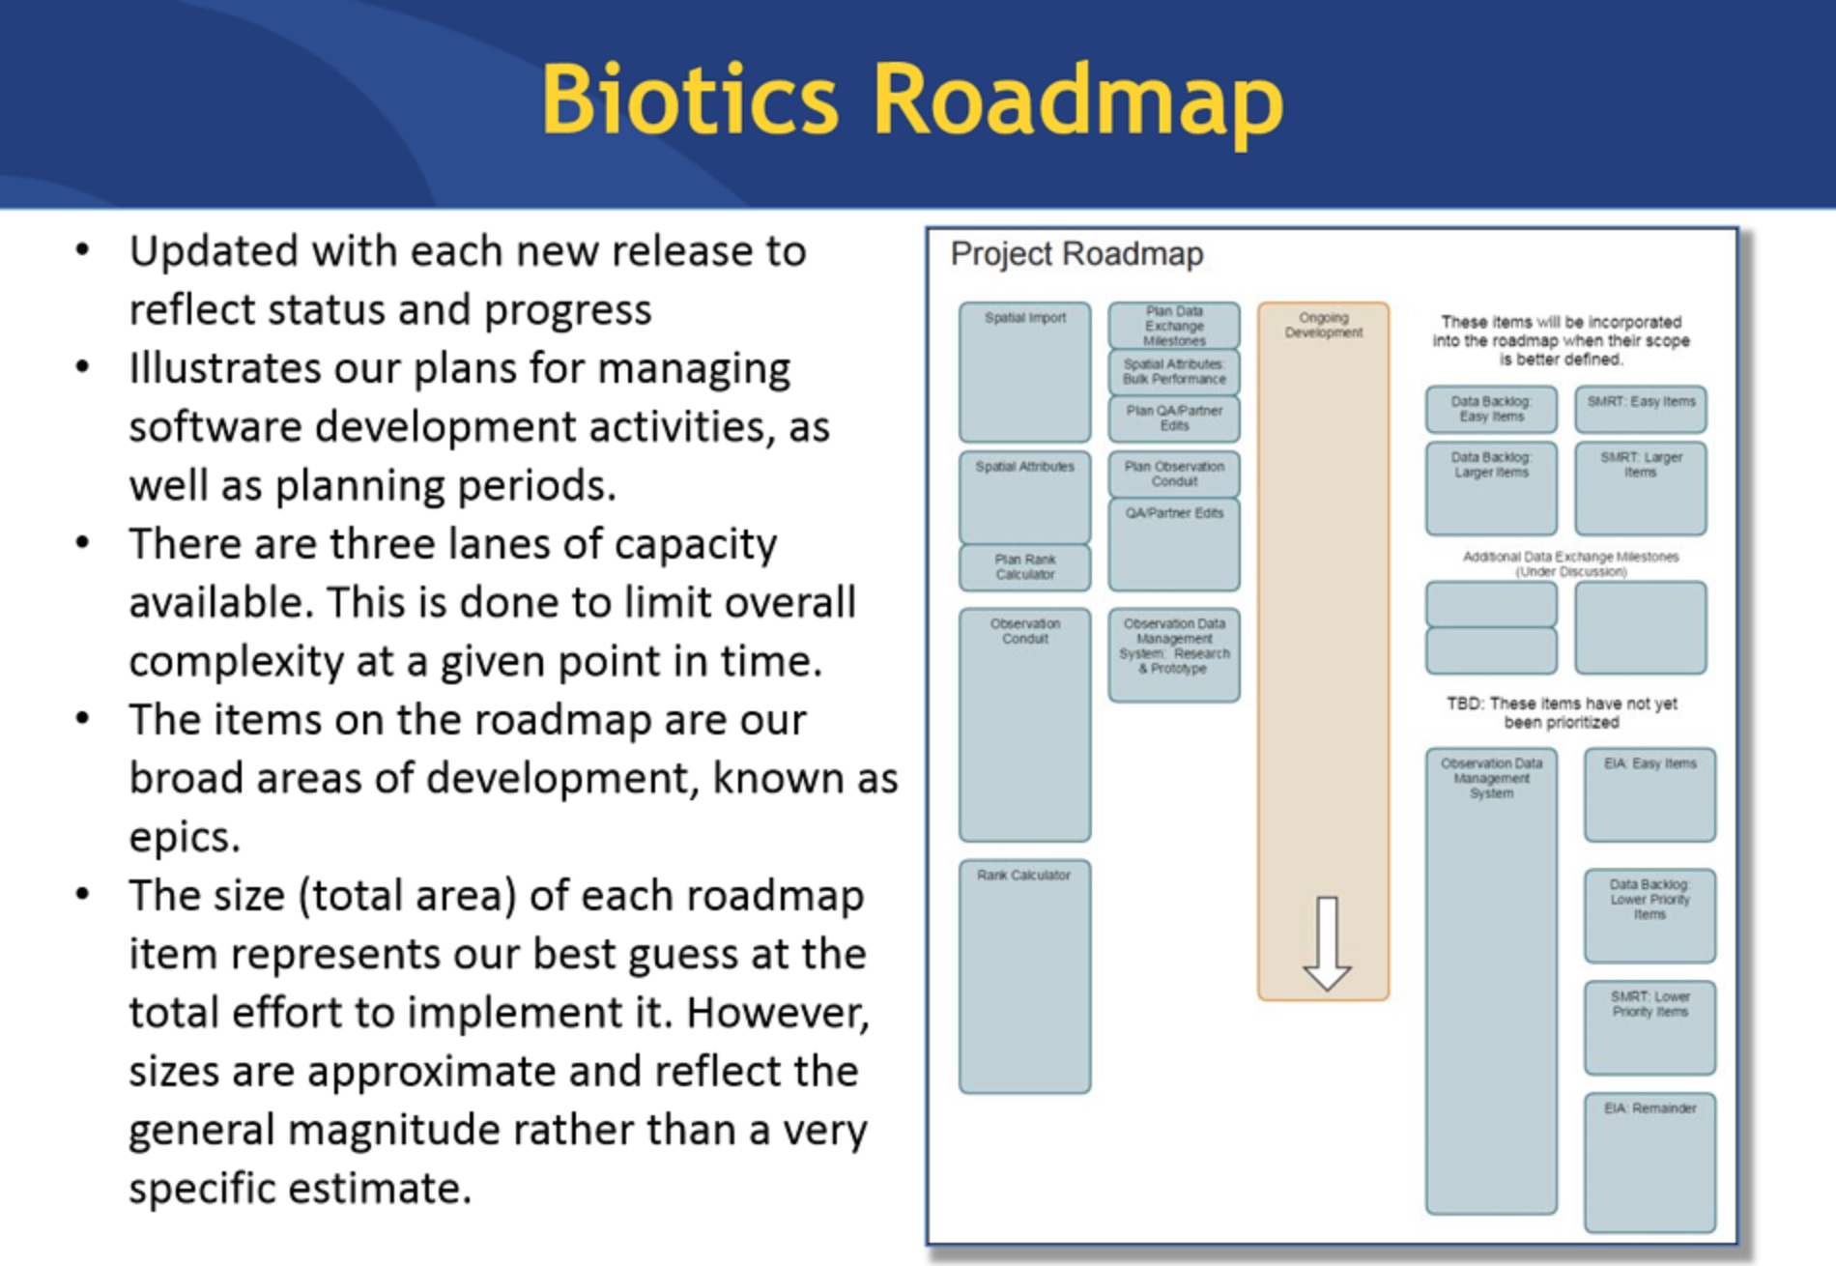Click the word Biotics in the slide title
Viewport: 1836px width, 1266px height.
pos(690,100)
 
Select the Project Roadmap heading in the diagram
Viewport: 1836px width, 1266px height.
pos(1076,254)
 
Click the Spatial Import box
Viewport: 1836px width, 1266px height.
pos(1024,372)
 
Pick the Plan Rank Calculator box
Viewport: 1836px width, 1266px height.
pos(1024,567)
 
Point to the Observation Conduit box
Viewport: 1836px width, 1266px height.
pos(1024,725)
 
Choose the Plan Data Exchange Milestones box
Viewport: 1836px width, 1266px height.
pos(1174,326)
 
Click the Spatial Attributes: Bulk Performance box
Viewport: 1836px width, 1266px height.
pos(1174,372)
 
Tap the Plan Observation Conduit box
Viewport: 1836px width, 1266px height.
pos(1174,474)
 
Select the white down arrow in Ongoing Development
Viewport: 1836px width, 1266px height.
pos(1327,943)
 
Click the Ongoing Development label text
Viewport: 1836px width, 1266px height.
pos(1323,325)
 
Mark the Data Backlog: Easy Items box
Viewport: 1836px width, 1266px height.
pos(1491,409)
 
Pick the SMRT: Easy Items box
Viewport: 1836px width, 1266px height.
pos(1641,409)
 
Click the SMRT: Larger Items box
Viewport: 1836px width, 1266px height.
pos(1641,488)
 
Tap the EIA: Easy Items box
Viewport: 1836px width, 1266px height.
pos(1650,794)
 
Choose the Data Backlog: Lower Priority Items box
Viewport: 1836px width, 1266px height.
pos(1650,915)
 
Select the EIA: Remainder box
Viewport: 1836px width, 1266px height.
pos(1650,1163)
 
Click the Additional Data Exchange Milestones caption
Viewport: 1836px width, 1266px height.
pos(1570,563)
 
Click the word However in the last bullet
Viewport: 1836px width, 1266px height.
pos(778,1013)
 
